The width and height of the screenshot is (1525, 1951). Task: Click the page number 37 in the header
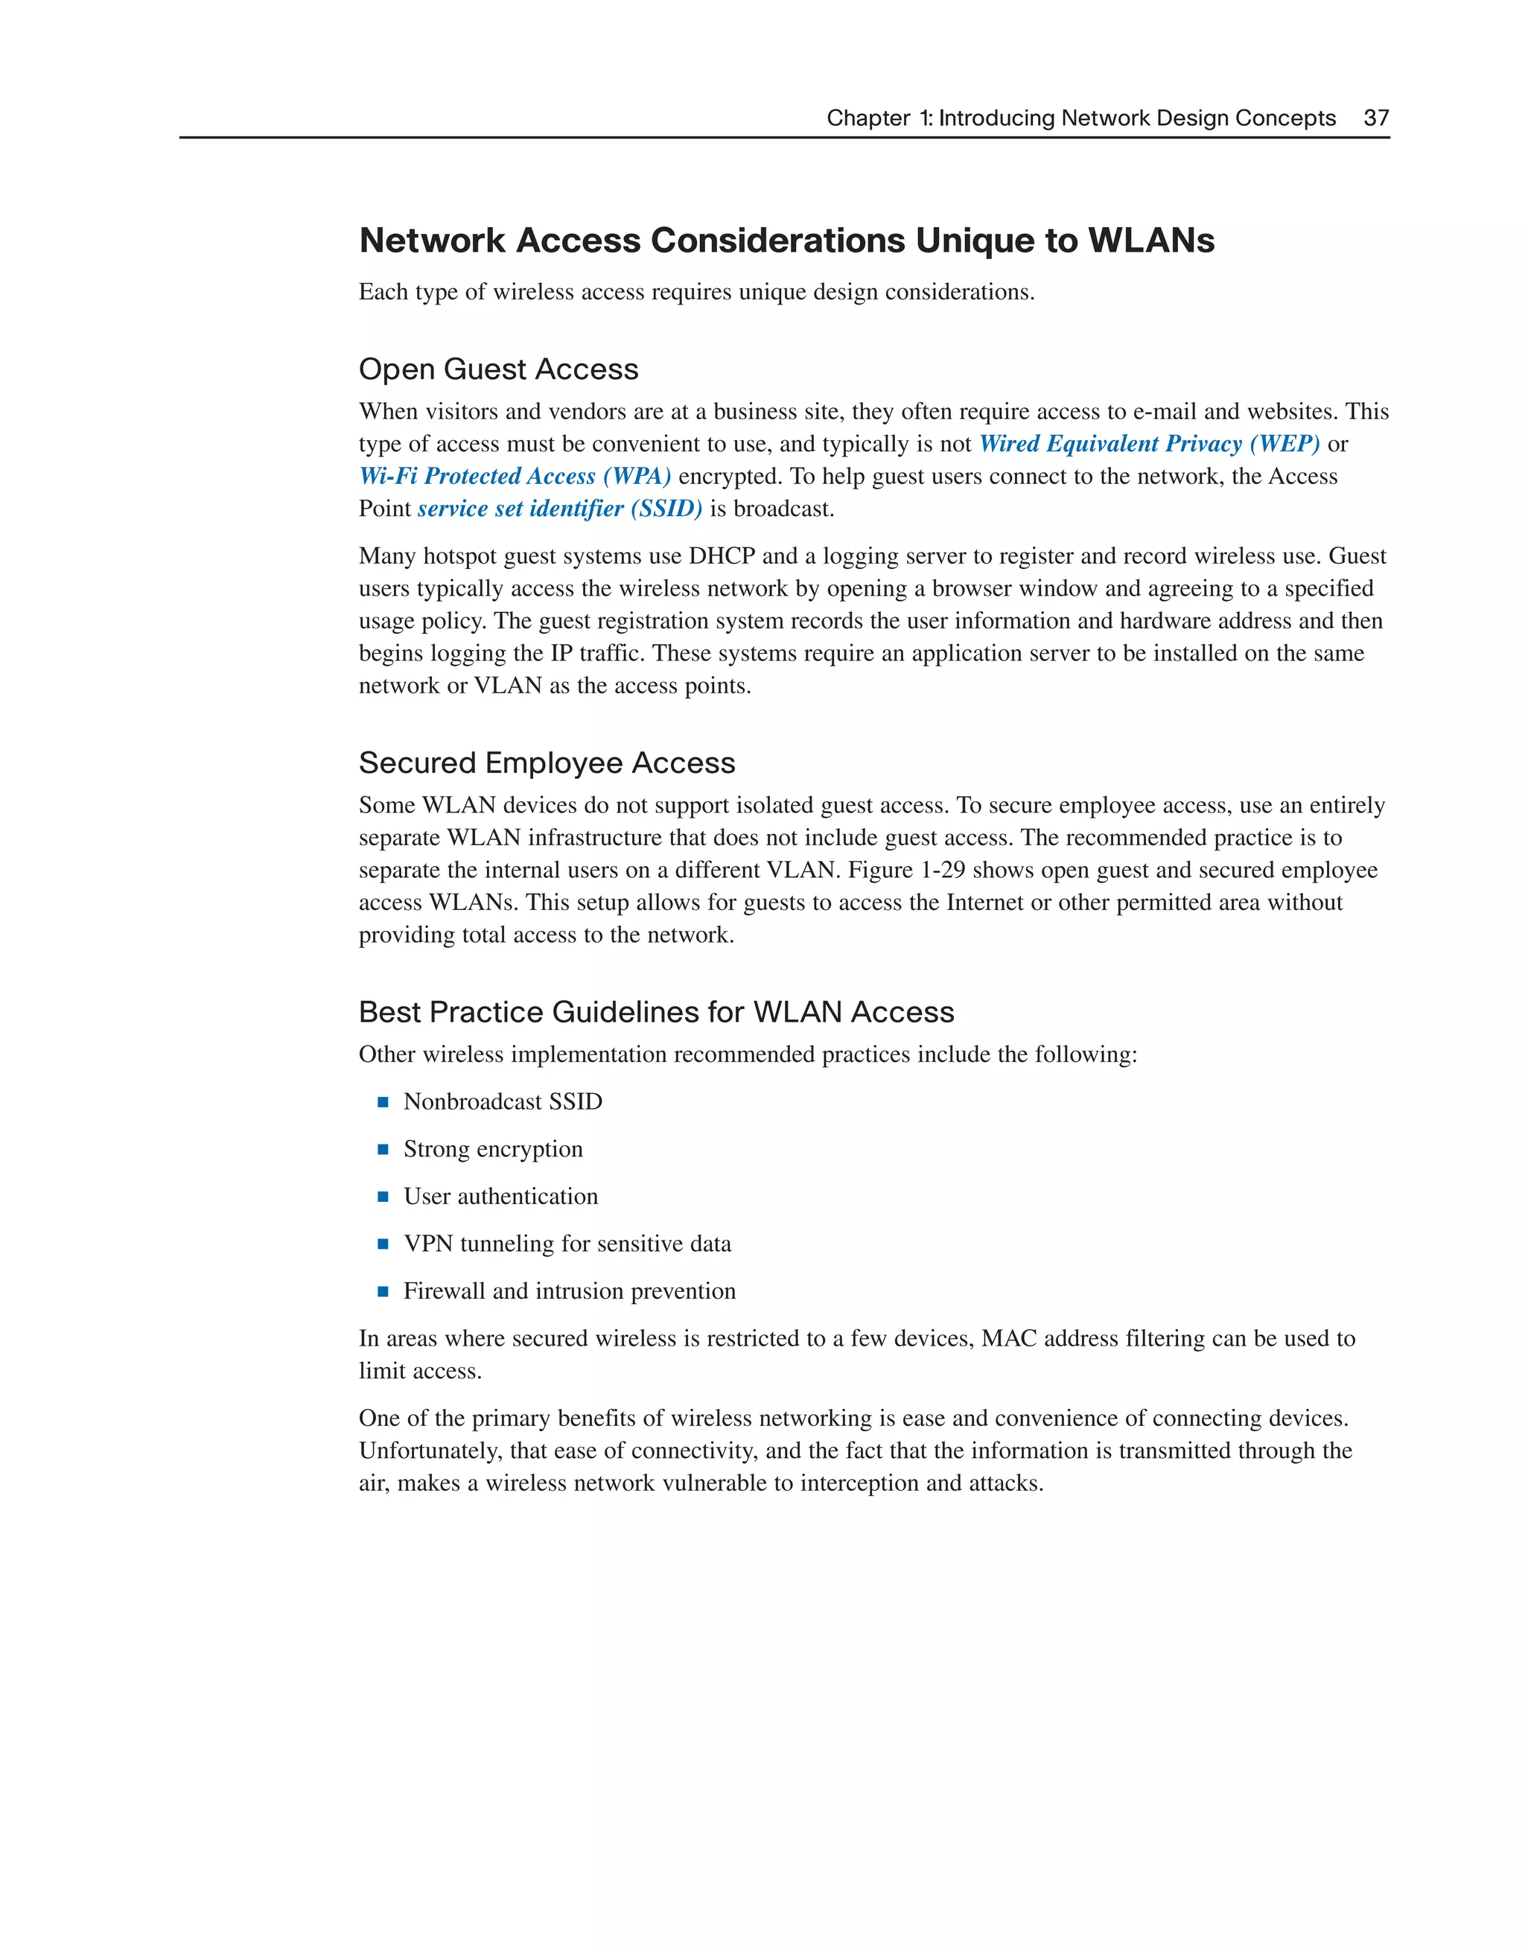click(x=1376, y=118)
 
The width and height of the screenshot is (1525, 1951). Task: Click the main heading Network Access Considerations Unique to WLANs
click(x=786, y=241)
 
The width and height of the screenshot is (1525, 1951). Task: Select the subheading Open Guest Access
click(x=498, y=369)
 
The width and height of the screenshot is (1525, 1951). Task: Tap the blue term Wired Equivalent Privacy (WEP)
click(x=1149, y=444)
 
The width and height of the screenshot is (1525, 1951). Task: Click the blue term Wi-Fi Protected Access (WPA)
click(x=515, y=476)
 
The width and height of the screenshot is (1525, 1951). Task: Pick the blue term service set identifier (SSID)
click(x=559, y=509)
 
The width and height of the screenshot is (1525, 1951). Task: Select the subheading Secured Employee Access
click(x=547, y=763)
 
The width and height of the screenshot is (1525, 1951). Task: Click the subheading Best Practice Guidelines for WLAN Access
click(x=656, y=1012)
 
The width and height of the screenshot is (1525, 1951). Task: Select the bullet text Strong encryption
click(x=492, y=1149)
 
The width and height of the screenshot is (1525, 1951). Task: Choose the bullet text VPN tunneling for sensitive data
click(x=567, y=1244)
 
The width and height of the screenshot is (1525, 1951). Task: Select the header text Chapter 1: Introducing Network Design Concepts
click(x=1080, y=118)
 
